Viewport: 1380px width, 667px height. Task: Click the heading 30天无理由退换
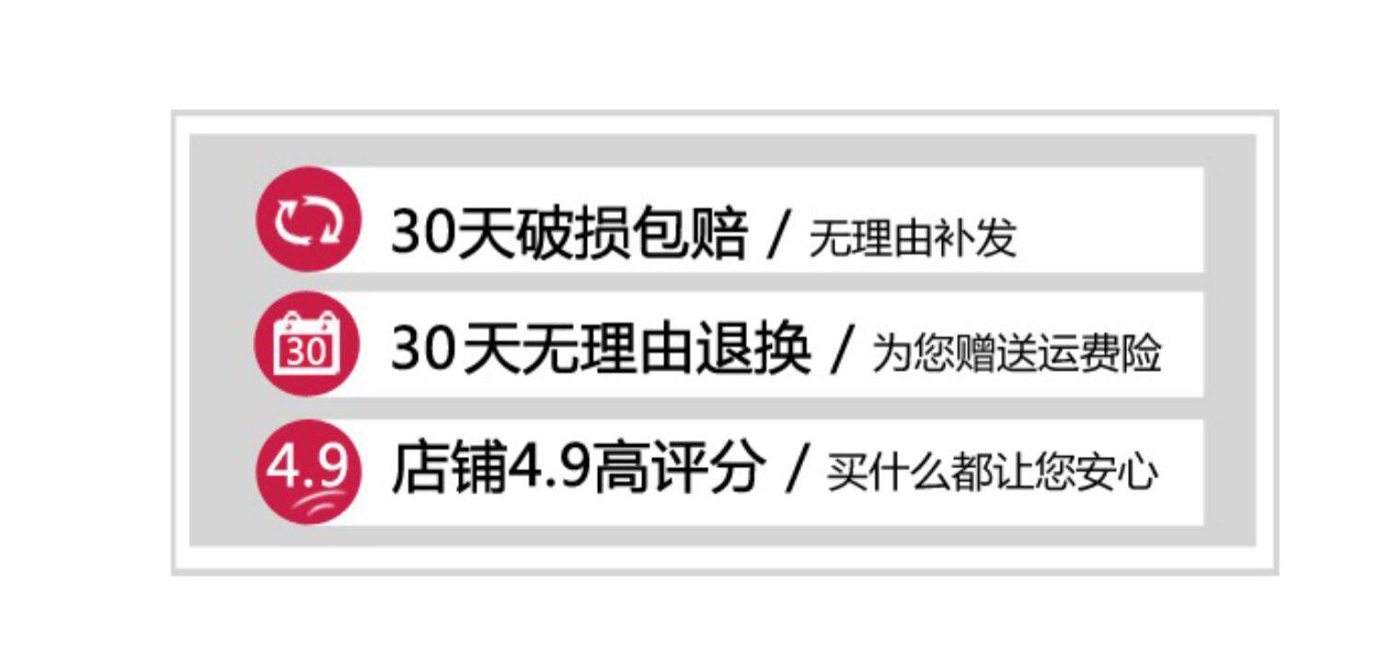coord(601,351)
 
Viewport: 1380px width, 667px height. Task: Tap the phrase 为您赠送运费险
coord(1017,354)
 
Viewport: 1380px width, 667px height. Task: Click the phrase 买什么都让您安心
coord(992,474)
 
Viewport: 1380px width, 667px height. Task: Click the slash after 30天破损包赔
coord(779,236)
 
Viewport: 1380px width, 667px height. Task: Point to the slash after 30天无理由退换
coord(840,353)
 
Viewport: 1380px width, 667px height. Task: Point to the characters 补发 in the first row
coord(983,238)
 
